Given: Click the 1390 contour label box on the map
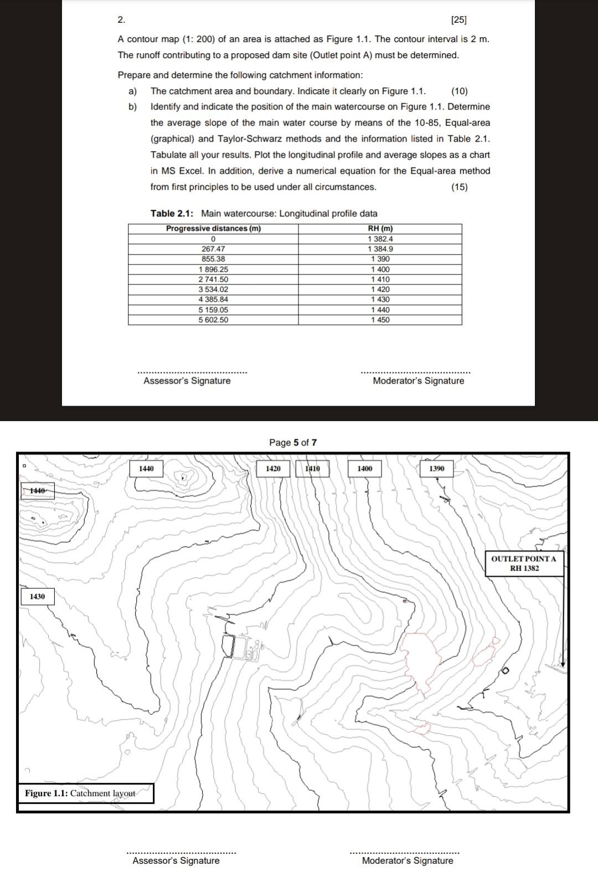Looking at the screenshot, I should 436,469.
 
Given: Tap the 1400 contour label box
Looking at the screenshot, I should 364,469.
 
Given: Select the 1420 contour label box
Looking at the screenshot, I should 273,469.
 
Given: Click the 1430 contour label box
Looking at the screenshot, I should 37,597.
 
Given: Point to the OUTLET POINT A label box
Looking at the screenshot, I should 524,563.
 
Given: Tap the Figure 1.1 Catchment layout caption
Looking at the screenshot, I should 85,794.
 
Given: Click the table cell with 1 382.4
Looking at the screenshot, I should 380,239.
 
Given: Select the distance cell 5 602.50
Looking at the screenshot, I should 213,320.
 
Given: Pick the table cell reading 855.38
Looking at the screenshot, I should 213,259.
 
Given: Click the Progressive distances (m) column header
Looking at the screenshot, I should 213,229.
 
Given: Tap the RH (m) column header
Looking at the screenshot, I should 380,229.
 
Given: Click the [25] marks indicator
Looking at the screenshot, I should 459,20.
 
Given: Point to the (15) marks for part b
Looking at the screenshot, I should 459,187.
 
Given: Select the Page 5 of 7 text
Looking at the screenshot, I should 293,443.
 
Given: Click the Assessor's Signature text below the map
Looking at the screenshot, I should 176,861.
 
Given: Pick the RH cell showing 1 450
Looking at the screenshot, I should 380,320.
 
